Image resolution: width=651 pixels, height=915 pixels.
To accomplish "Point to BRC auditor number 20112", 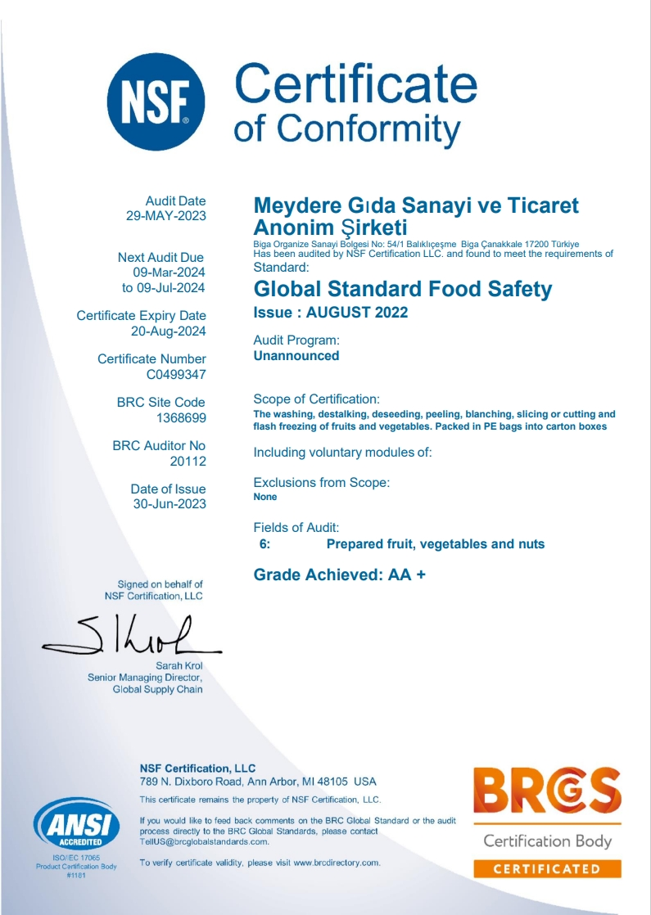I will (x=188, y=462).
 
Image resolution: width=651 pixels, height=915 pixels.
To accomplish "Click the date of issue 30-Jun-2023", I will (x=170, y=504).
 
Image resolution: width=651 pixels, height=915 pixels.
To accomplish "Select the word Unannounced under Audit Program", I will (x=296, y=355).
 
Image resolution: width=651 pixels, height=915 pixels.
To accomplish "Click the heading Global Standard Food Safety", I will (x=403, y=289).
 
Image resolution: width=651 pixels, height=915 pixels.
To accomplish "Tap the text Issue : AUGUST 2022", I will (x=330, y=313).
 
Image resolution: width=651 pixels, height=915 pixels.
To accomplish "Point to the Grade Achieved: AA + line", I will (x=340, y=575).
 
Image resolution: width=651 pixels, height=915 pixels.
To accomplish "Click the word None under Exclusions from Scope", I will (x=265, y=497).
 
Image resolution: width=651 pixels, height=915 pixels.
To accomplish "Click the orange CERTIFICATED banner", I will (x=547, y=868).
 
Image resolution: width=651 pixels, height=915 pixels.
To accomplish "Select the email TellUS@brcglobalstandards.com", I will (x=204, y=841).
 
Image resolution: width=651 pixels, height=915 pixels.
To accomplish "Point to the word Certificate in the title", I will (x=355, y=85).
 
